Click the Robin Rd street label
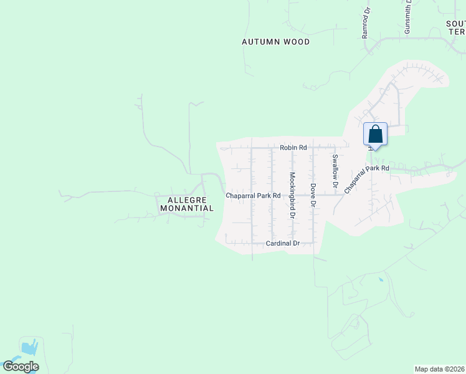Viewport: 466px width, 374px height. tap(293, 148)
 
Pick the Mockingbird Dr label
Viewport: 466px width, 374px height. tap(292, 195)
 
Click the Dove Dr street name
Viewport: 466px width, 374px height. tap(313, 195)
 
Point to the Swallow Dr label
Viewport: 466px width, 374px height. tap(335, 171)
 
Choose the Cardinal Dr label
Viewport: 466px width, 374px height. tap(283, 243)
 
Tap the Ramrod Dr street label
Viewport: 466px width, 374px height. tap(366, 24)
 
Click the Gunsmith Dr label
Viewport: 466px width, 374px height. tap(408, 17)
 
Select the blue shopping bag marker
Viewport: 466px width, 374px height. tap(375, 134)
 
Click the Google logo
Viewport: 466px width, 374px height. tap(21, 367)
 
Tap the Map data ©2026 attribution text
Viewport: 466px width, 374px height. tap(439, 369)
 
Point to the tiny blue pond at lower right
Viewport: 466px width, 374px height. tap(381, 280)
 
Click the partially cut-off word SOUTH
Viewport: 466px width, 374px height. tap(455, 23)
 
